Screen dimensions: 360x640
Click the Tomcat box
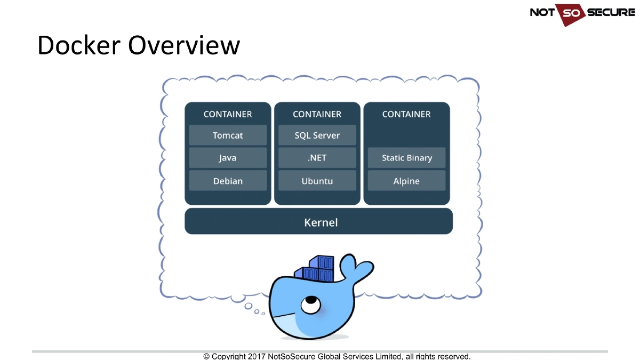pyautogui.click(x=228, y=135)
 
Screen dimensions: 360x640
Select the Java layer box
pyautogui.click(x=228, y=158)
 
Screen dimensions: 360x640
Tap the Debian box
pyautogui.click(x=228, y=181)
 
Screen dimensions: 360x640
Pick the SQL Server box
pyautogui.click(x=317, y=135)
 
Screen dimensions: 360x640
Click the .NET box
pyautogui.click(x=317, y=158)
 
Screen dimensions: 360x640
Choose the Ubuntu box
pyautogui.click(x=317, y=181)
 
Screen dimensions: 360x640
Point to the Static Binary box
pyautogui.click(x=406, y=158)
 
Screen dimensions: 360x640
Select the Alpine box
pyautogui.click(x=406, y=181)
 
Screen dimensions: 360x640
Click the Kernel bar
pyautogui.click(x=319, y=222)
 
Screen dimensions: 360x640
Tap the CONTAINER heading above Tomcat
pyautogui.click(x=228, y=114)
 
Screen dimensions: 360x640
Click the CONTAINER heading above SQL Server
pyautogui.click(x=317, y=114)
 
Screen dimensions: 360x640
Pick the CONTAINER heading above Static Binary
pyautogui.click(x=406, y=114)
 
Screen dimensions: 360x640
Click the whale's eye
pyautogui.click(x=308, y=304)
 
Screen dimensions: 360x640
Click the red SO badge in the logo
pyautogui.click(x=571, y=13)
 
